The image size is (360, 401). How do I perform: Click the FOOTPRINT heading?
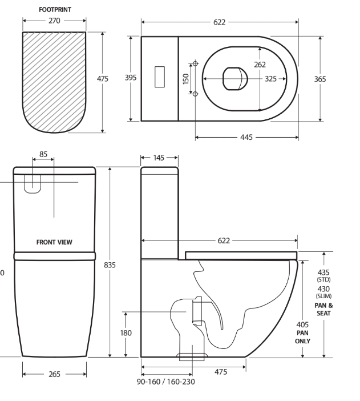[x=55, y=10]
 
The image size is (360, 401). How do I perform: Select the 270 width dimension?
[x=55, y=21]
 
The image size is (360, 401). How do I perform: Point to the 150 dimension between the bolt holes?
[x=185, y=79]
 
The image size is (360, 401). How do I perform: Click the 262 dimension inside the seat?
[x=260, y=65]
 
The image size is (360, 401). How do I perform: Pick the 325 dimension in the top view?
[x=271, y=79]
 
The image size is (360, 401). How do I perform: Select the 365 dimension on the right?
[x=320, y=79]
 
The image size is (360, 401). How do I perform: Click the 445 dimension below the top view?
[x=246, y=138]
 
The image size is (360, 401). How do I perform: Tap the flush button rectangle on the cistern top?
[x=160, y=78]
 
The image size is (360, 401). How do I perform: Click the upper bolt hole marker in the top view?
[x=195, y=64]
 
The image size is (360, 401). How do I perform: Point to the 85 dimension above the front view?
[x=43, y=154]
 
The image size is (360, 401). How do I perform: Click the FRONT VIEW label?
[x=54, y=242]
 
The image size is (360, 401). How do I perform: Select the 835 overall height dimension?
[x=110, y=265]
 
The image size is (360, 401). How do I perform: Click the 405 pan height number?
[x=302, y=325]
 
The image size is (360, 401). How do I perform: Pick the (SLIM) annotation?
[x=323, y=296]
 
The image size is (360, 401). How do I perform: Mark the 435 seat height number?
[x=323, y=272]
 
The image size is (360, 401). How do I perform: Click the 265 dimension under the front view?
[x=55, y=375]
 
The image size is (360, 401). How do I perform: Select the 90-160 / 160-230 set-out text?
[x=166, y=381]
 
